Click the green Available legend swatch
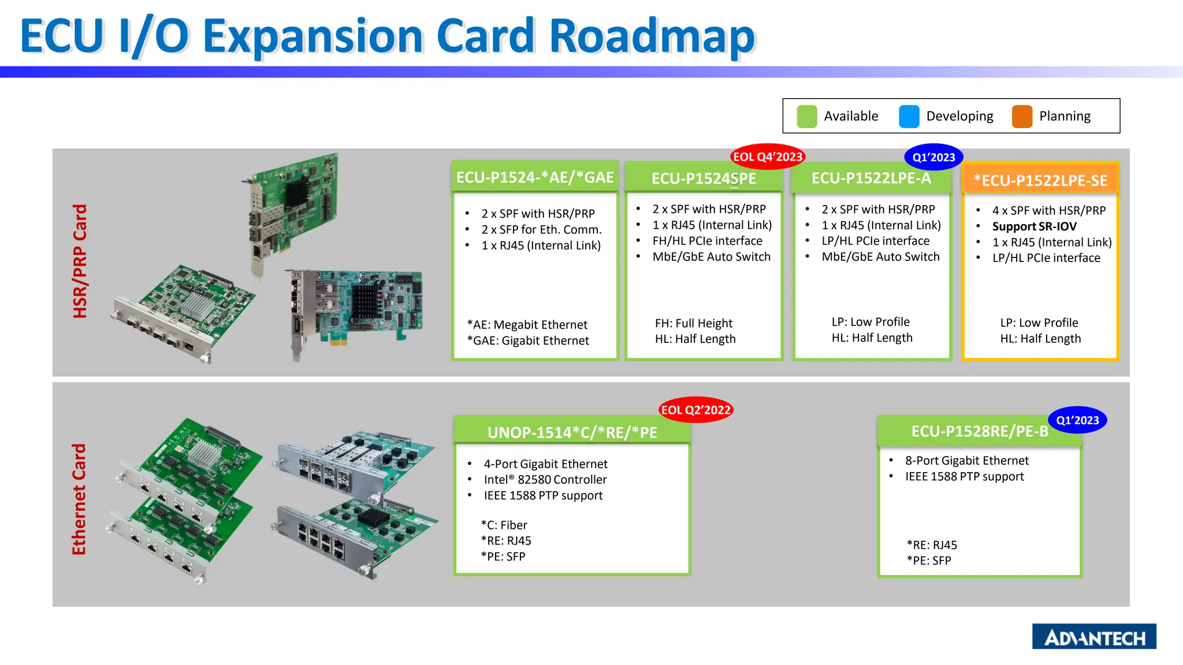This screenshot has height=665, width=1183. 806,116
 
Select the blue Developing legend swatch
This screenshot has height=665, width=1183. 909,116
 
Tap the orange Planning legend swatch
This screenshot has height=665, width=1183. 1022,116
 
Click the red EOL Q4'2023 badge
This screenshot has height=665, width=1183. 767,156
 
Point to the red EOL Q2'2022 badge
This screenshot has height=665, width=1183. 695,410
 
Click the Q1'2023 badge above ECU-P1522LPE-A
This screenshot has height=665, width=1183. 933,157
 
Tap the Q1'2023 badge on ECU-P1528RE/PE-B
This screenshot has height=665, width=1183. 1077,420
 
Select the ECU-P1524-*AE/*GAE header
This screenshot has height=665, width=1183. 535,177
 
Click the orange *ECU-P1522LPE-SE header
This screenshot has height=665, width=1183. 1040,180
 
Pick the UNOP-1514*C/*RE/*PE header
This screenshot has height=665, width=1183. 572,432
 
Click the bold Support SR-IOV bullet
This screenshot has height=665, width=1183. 1034,226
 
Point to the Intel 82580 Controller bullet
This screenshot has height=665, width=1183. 545,480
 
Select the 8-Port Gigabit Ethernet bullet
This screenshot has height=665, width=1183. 966,461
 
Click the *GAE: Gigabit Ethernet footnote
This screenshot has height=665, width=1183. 528,341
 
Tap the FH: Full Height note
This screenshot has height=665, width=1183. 693,323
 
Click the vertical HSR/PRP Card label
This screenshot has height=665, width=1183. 80,261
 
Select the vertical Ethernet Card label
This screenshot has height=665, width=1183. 79,499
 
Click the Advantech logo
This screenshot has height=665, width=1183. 1093,637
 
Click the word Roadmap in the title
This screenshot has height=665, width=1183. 652,36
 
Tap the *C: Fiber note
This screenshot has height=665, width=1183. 504,525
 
